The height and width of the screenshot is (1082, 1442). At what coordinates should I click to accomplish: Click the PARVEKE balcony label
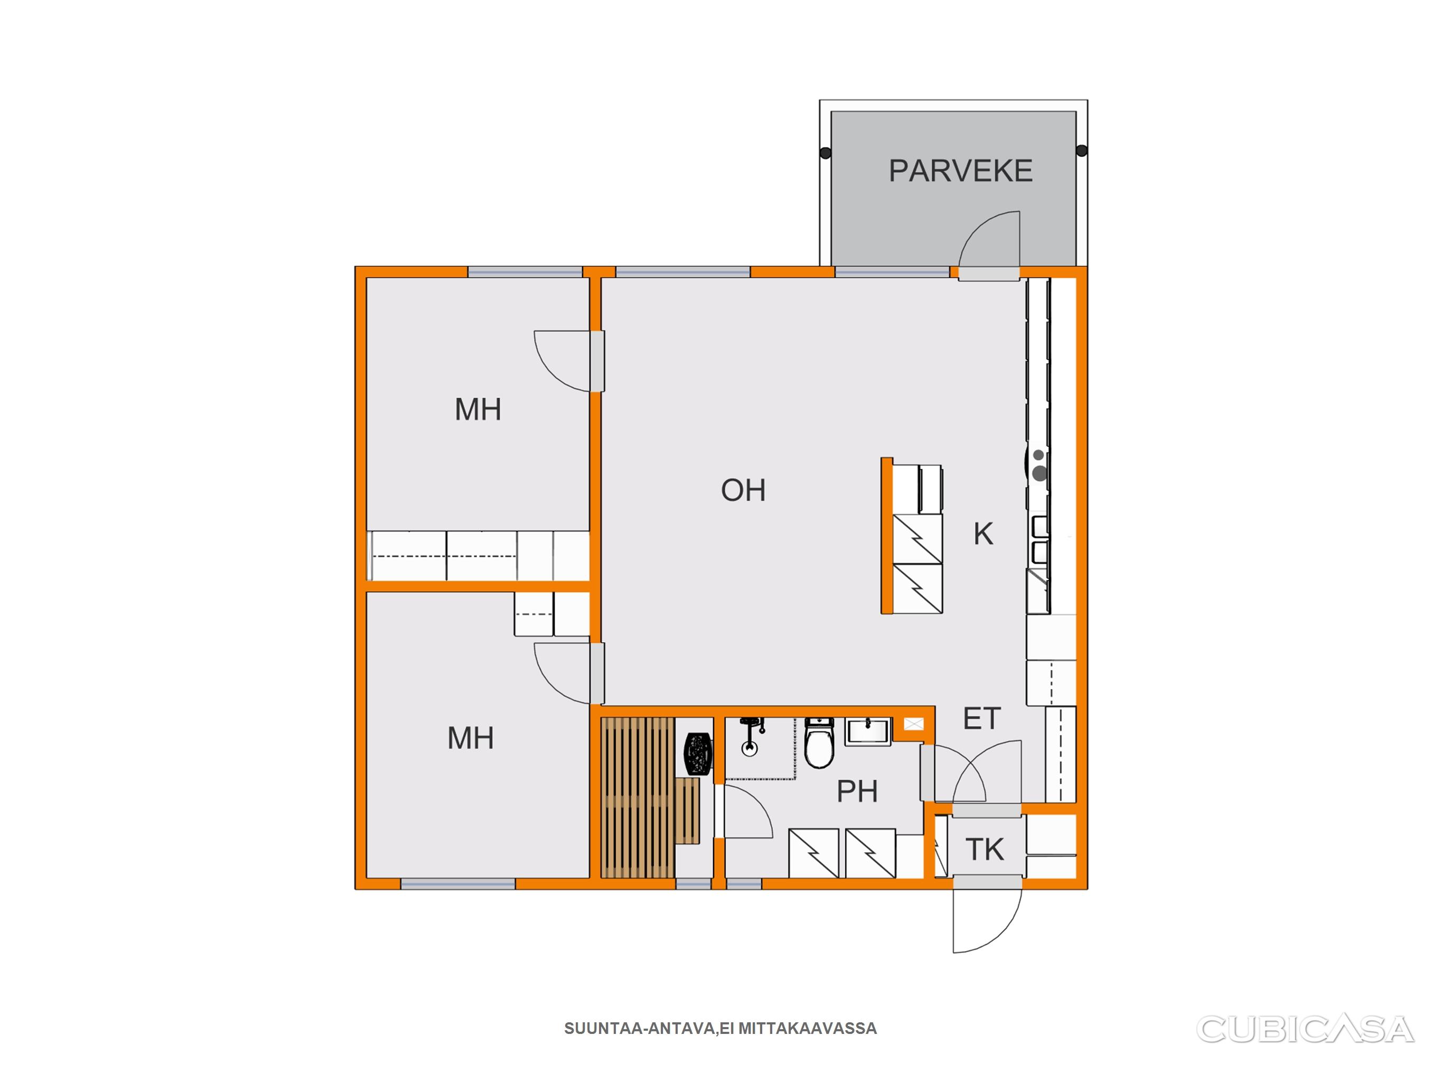pyautogui.click(x=960, y=171)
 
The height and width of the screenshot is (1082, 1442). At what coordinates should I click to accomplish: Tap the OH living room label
pyautogui.click(x=743, y=490)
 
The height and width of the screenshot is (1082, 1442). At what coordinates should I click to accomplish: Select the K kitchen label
pyautogui.click(x=983, y=534)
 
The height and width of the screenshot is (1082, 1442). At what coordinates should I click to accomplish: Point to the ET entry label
pyautogui.click(x=982, y=719)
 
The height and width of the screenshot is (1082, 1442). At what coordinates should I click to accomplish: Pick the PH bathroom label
pyautogui.click(x=857, y=792)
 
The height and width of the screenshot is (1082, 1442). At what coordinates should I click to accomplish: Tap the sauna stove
pyautogui.click(x=699, y=754)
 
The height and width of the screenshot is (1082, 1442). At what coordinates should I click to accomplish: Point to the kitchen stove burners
pyautogui.click(x=1039, y=465)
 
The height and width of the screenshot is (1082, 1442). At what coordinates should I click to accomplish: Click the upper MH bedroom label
pyautogui.click(x=478, y=409)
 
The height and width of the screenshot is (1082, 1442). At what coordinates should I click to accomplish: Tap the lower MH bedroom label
pyautogui.click(x=470, y=738)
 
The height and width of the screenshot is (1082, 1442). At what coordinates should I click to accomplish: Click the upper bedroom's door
pyautogui.click(x=597, y=361)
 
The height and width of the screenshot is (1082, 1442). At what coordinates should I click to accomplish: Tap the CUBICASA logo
pyautogui.click(x=1305, y=1029)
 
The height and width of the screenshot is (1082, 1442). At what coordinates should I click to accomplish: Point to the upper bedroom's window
pyautogui.click(x=525, y=272)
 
